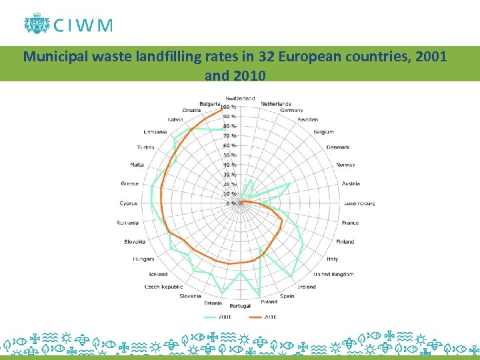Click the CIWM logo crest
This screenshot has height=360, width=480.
pyautogui.click(x=36, y=24)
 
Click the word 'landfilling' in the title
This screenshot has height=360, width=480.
pyautogui.click(x=166, y=57)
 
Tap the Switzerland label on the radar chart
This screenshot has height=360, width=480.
pyautogui.click(x=239, y=98)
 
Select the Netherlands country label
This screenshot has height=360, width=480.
pyautogui.click(x=276, y=104)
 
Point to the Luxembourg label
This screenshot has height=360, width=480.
pyautogui.click(x=360, y=203)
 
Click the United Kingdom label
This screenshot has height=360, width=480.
pyautogui.click(x=333, y=274)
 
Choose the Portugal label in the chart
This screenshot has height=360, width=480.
pyautogui.click(x=241, y=306)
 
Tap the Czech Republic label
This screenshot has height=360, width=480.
pyautogui.click(x=163, y=287)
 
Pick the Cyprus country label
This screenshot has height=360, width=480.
pyautogui.click(x=129, y=203)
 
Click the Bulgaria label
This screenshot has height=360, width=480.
pyautogui.click(x=209, y=104)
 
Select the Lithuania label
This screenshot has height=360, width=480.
pyautogui.click(x=155, y=132)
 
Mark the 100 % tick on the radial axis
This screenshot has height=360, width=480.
pyautogui.click(x=229, y=107)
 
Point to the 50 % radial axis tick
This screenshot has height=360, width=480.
pyautogui.click(x=230, y=155)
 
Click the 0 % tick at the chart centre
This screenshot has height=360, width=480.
pyautogui.click(x=231, y=203)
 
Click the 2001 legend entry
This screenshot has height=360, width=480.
pyautogui.click(x=222, y=317)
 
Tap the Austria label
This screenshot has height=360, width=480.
pyautogui.click(x=351, y=183)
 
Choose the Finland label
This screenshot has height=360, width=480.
pyautogui.click(x=345, y=241)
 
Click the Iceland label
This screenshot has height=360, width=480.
pyautogui.click(x=159, y=274)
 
